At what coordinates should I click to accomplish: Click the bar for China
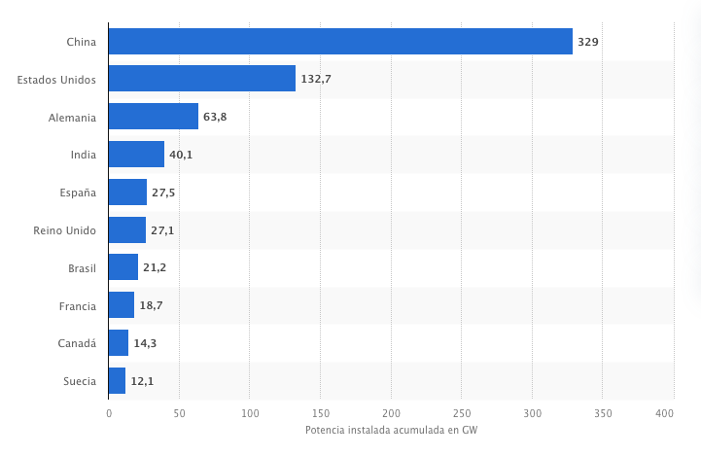(340, 41)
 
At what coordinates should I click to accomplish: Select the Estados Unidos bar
(201, 79)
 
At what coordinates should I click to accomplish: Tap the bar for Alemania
(153, 117)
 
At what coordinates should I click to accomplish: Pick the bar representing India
(136, 155)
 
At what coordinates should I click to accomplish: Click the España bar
(127, 193)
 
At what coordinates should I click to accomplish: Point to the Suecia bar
(117, 381)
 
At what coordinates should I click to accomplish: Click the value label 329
(587, 42)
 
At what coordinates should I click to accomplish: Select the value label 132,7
(316, 79)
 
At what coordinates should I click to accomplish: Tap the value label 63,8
(215, 117)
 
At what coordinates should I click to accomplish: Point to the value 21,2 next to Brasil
(155, 268)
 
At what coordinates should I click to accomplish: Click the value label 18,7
(151, 306)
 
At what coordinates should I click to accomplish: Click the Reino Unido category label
(64, 230)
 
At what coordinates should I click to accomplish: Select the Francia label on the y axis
(77, 306)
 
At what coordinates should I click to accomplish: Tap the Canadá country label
(77, 343)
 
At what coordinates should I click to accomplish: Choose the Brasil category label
(81, 268)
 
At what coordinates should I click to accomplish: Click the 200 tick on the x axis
(391, 414)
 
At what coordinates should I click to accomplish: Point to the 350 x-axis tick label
(602, 414)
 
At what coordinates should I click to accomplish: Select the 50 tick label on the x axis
(179, 414)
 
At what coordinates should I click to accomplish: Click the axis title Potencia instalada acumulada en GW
(391, 431)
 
